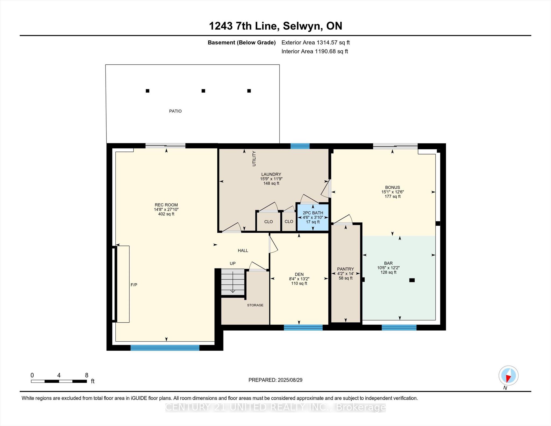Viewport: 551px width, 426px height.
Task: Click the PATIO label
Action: (x=175, y=111)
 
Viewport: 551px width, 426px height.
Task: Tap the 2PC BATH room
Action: (x=313, y=217)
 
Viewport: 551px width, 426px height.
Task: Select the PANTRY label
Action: (x=345, y=269)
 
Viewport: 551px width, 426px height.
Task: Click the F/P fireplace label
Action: (x=134, y=285)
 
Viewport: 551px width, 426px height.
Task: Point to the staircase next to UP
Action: (x=233, y=282)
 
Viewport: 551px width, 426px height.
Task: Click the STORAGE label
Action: (x=255, y=305)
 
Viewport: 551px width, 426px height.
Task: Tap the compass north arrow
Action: (x=508, y=376)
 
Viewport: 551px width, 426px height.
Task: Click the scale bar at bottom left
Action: (x=59, y=381)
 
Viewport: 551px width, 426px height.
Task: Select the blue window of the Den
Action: (x=303, y=328)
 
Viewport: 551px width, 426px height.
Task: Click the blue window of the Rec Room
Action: (x=165, y=348)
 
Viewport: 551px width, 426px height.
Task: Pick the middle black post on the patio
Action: (x=203, y=91)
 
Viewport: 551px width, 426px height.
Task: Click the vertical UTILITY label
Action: (x=254, y=159)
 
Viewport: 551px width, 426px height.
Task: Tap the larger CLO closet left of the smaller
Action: (x=268, y=221)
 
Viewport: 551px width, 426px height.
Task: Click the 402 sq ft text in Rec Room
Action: (x=166, y=214)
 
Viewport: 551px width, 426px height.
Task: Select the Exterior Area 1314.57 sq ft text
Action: (x=315, y=43)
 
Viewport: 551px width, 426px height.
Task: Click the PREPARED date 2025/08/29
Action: (x=275, y=380)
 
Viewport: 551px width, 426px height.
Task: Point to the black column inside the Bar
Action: (x=412, y=280)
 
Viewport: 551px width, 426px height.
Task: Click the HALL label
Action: (x=243, y=251)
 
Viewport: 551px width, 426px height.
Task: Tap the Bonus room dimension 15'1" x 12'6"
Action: (x=392, y=192)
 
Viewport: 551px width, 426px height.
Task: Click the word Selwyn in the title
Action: (x=303, y=26)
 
